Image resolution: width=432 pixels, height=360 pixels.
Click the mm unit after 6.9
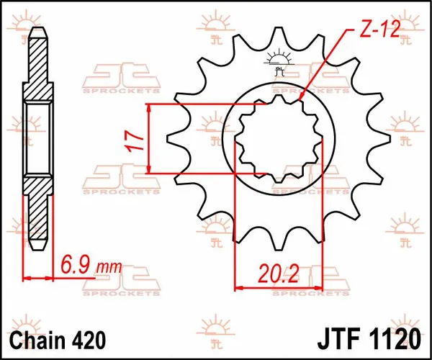click(x=108, y=269)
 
